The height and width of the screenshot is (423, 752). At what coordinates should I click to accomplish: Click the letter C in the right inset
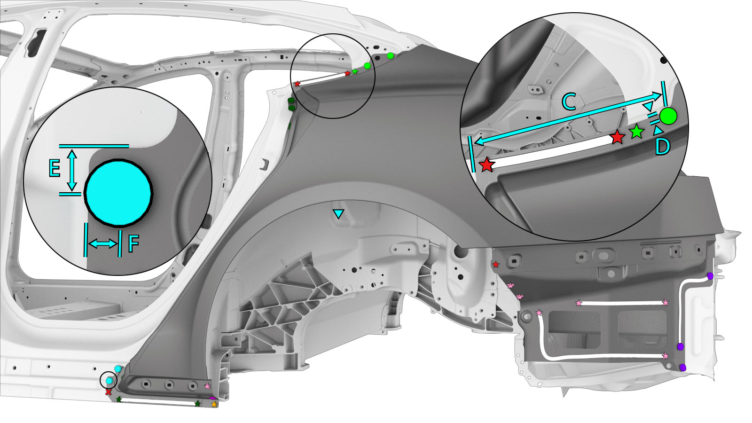569,102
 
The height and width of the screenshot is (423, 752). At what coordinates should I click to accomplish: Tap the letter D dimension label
662,147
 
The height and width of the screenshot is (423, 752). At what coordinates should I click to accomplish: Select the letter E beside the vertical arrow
55,168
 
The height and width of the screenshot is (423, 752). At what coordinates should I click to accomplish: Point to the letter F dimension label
133,244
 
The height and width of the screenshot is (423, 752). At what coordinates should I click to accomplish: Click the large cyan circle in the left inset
118,193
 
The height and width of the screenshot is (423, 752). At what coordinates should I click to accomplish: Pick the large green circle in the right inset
668,116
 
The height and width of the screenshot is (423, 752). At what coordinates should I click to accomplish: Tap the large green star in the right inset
636,132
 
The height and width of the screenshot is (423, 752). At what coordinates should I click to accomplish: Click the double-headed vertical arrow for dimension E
71,170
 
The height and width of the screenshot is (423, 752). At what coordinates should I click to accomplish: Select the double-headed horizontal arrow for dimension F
103,243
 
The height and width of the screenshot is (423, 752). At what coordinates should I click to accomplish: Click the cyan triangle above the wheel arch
338,214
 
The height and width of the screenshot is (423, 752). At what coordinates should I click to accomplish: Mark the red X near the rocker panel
109,392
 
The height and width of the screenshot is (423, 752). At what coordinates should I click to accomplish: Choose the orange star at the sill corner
214,404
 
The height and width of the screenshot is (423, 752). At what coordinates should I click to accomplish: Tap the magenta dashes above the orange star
212,399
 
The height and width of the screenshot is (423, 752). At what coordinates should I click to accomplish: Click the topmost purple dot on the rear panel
710,275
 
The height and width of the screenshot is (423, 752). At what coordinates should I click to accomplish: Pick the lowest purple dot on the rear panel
683,367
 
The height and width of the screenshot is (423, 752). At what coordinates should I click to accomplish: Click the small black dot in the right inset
664,60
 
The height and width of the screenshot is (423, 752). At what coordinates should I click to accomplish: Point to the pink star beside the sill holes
207,386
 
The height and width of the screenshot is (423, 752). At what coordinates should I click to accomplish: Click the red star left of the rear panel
496,265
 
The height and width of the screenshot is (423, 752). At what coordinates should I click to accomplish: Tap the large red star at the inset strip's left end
486,165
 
